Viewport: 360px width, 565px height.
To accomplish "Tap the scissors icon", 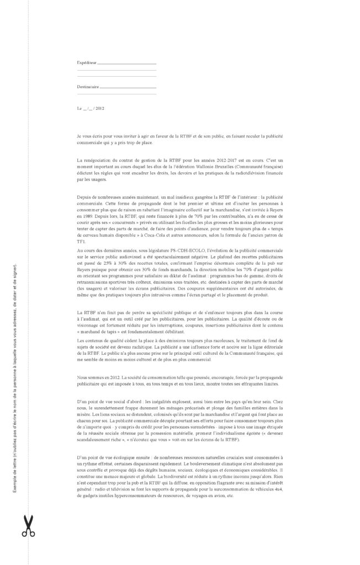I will (28, 525).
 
